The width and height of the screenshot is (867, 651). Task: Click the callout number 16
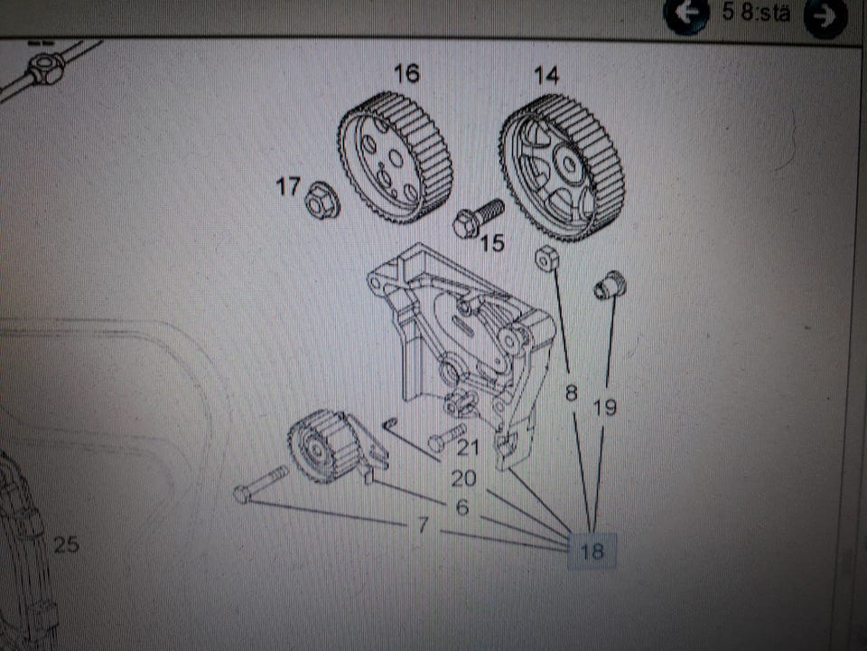pyautogui.click(x=406, y=74)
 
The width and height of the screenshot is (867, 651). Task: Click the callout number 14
pyautogui.click(x=545, y=76)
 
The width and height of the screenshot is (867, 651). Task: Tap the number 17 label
pyautogui.click(x=288, y=187)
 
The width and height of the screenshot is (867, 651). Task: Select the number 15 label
pyautogui.click(x=492, y=242)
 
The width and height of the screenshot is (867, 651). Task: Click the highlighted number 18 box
pyautogui.click(x=592, y=550)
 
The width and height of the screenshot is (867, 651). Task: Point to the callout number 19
pyautogui.click(x=606, y=408)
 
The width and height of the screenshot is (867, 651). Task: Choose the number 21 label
pyautogui.click(x=467, y=447)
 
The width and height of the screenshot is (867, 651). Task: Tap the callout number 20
pyautogui.click(x=463, y=479)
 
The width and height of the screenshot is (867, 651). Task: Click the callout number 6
pyautogui.click(x=462, y=508)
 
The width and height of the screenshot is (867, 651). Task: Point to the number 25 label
pyautogui.click(x=66, y=544)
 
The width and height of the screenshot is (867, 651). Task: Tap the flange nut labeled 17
pyautogui.click(x=322, y=200)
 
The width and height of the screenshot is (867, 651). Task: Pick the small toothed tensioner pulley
pyautogui.click(x=317, y=444)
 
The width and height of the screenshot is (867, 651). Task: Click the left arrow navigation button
pyautogui.click(x=685, y=15)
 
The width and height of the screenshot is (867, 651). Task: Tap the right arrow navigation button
pyautogui.click(x=825, y=17)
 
